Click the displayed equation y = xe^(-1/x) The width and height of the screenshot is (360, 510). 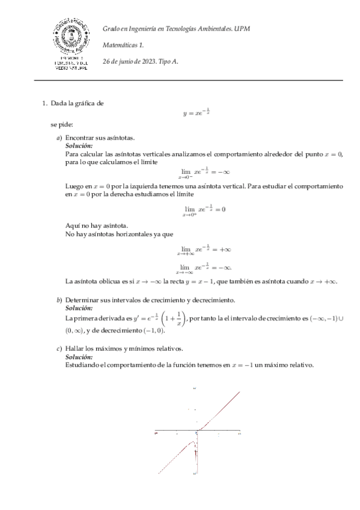(196, 112)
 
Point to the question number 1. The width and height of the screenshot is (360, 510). (43, 103)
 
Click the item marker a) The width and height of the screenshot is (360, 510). (58, 138)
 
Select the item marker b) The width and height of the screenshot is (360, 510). (59, 300)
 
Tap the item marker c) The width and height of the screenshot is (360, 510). (58, 349)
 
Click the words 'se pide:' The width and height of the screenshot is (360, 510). (62, 124)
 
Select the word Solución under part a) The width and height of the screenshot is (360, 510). (78, 146)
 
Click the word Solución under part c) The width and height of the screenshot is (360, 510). (78, 357)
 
